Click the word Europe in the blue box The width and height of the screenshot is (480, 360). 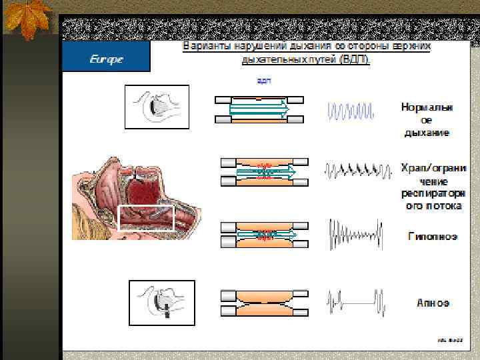coord(107,59)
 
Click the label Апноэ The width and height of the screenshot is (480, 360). coord(433,303)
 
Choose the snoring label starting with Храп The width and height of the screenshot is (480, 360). coord(433,187)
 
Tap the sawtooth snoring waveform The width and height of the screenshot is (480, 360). coord(357,171)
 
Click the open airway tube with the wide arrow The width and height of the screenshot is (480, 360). coord(259,109)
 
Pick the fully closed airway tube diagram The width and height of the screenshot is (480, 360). coord(263,302)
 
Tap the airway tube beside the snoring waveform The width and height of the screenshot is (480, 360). coord(264,171)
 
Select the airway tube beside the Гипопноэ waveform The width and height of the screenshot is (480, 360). coord(264,235)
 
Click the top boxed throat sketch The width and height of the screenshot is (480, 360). coord(157,107)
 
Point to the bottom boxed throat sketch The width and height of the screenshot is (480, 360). coord(161,302)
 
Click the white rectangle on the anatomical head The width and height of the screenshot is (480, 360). coord(145,218)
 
